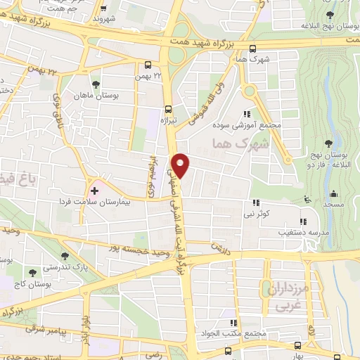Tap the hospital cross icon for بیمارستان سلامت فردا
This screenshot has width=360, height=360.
(x=94, y=191)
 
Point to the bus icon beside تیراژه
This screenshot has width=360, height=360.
(x=167, y=109)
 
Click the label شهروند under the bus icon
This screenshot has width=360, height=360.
(x=104, y=20)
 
